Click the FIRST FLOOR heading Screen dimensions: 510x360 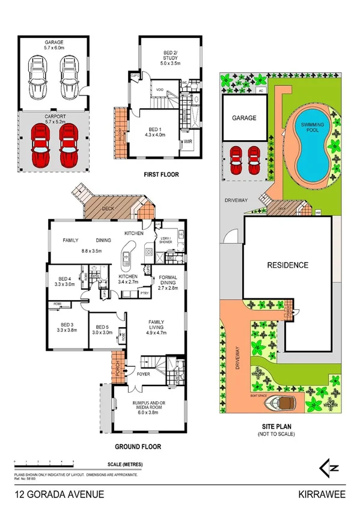(160, 175)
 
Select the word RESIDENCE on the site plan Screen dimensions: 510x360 (288, 265)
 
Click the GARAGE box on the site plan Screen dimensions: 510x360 (245, 118)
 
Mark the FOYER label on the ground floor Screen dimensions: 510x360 (144, 373)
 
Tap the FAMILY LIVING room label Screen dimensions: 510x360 (160, 325)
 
